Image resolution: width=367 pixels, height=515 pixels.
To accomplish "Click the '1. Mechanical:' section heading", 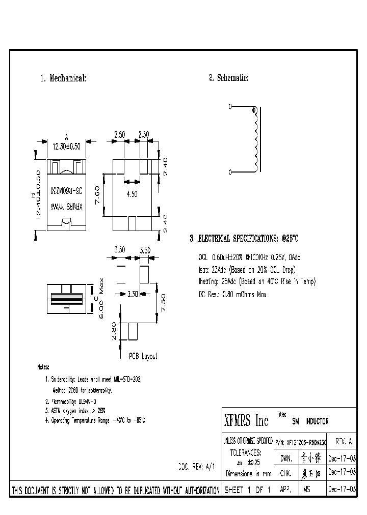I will tap(63, 78).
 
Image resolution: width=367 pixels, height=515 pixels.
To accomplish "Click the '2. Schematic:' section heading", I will tap(228, 78).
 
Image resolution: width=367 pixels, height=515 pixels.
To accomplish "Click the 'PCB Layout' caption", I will tap(143, 356).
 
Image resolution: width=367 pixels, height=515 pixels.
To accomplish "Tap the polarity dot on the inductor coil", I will tap(253, 110).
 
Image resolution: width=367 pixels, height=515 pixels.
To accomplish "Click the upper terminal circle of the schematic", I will tap(230, 106).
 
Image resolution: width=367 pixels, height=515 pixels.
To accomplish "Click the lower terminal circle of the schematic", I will tap(230, 171).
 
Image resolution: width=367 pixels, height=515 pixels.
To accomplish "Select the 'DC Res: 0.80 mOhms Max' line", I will tap(232, 294).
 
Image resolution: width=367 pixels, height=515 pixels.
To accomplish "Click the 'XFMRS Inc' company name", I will tap(246, 421).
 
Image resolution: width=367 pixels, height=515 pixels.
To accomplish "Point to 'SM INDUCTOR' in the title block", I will tap(310, 421).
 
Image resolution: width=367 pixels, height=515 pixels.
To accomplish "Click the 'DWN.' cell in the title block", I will tap(286, 458).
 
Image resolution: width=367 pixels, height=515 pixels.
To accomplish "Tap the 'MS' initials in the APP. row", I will tap(306, 490).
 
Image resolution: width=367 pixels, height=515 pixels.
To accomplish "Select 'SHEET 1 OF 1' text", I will tap(246, 490).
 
